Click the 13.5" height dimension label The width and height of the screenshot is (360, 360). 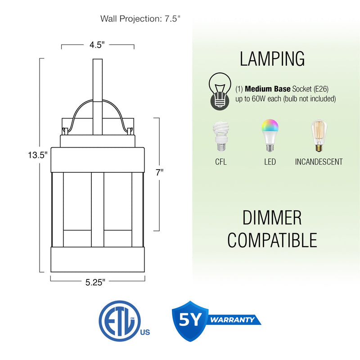(x=37, y=155)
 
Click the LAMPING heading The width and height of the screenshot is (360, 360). (x=272, y=59)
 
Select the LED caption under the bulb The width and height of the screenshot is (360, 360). (x=270, y=162)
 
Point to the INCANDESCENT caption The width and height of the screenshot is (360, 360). (x=319, y=162)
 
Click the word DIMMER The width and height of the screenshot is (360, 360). (x=272, y=218)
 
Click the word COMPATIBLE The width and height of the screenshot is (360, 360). (x=272, y=240)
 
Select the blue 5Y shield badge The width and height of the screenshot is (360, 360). (x=190, y=320)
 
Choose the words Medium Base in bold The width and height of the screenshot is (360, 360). (x=267, y=89)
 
